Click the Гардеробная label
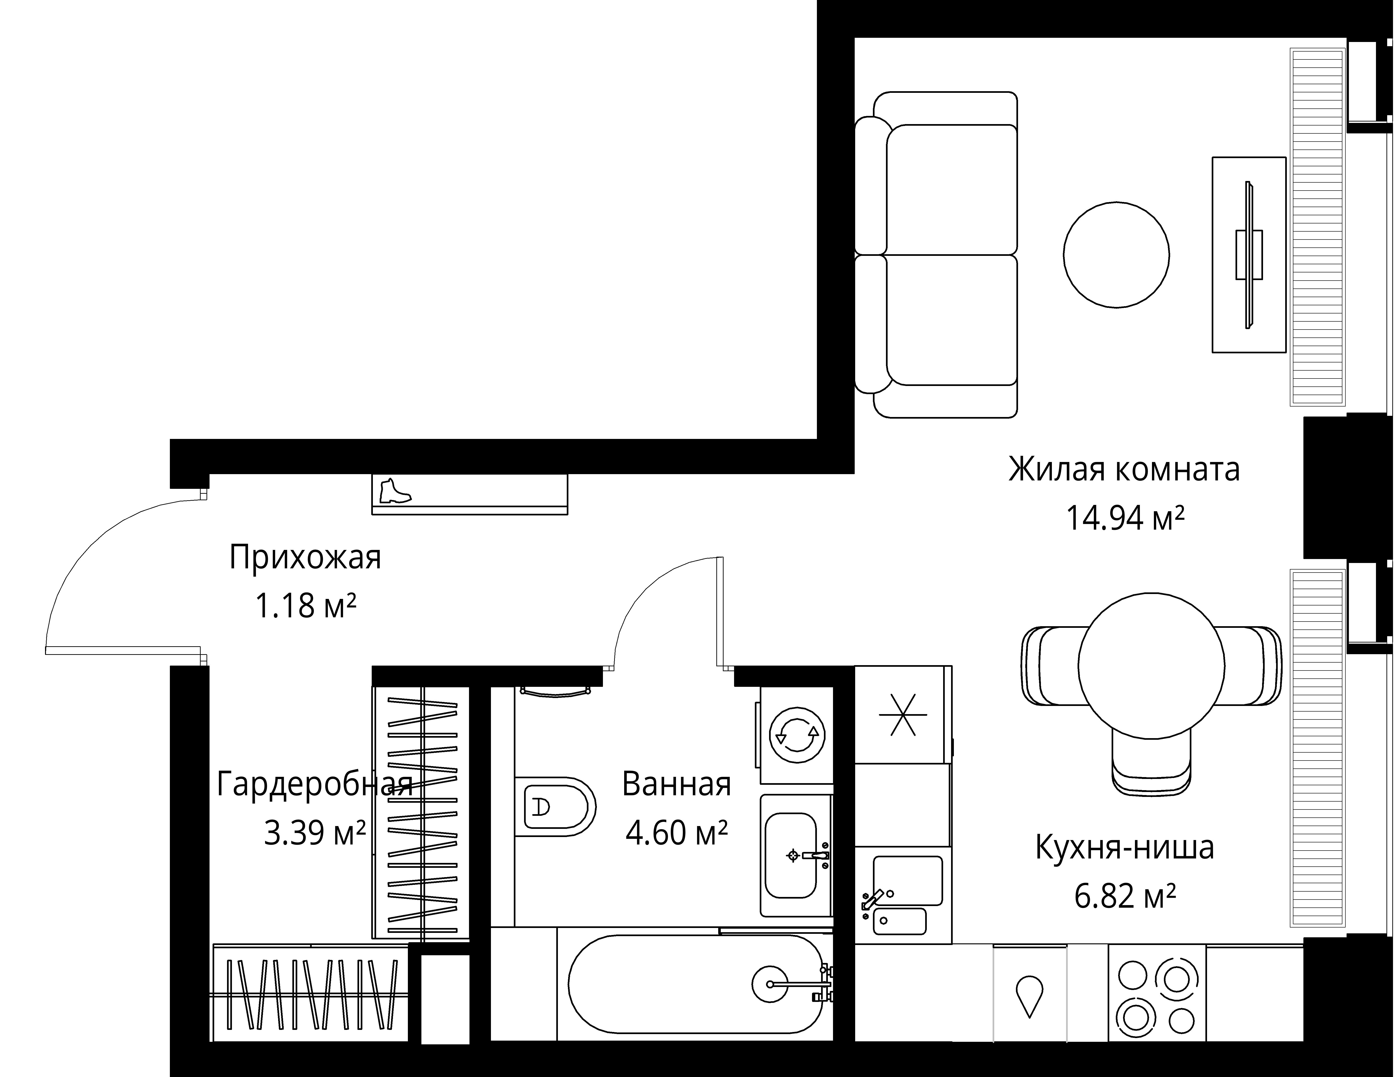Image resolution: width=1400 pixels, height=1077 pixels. click(x=314, y=784)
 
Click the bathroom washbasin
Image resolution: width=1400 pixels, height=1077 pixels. click(x=791, y=855)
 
